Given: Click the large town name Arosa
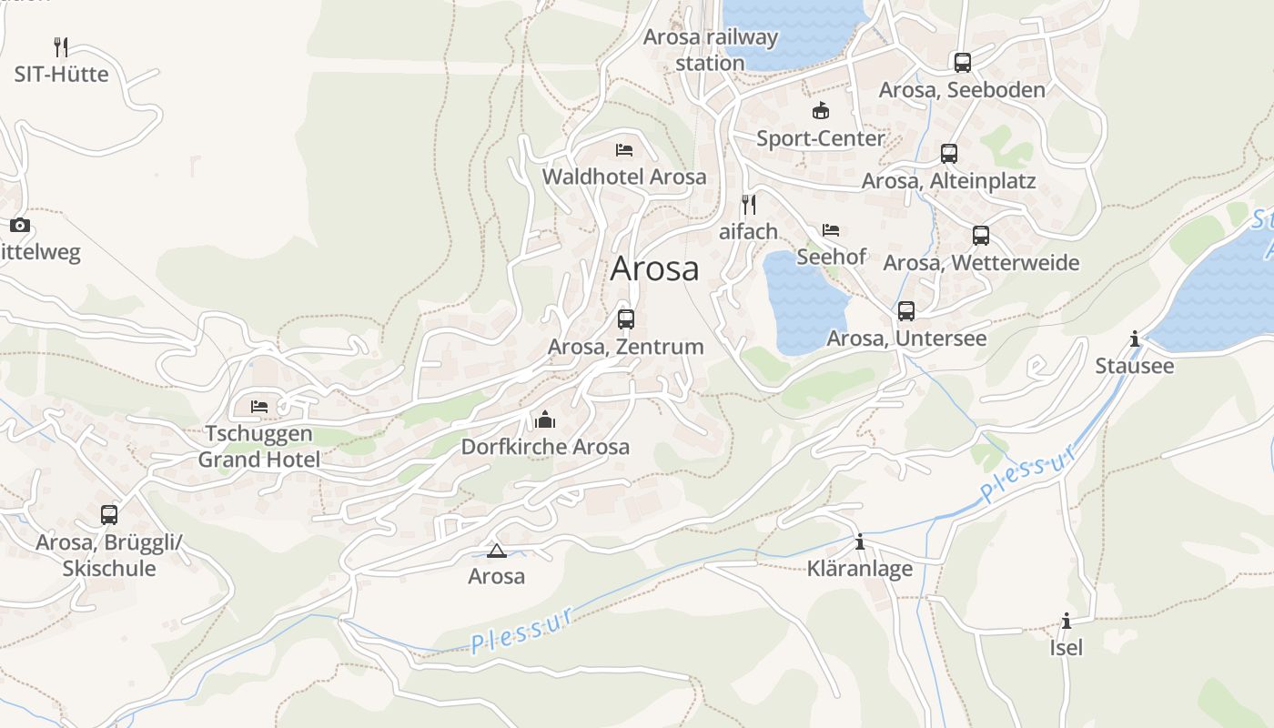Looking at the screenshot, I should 655,268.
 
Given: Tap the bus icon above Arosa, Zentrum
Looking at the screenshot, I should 626,319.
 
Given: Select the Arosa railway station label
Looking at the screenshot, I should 711,50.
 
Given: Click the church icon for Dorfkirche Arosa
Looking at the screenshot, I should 545,420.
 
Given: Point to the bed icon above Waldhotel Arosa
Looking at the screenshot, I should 624,150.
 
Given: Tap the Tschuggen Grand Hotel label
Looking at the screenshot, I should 259,447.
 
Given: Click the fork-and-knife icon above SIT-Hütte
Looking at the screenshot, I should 61,47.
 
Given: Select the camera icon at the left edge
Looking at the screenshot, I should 20,225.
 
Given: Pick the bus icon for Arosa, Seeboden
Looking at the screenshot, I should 963,63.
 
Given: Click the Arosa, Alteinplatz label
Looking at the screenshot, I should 948,181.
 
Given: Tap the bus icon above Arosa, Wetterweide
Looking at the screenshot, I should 981,236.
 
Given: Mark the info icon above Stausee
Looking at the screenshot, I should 1134,339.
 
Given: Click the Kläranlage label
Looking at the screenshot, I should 860,570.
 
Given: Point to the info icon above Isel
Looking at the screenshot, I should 1067,622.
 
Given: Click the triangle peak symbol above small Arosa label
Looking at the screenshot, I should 496,551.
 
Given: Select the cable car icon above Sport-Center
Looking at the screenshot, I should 821,111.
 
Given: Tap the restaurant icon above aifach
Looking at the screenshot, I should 749,205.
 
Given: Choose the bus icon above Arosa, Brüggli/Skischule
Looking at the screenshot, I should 109,515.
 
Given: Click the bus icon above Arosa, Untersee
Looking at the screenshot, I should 906,311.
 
